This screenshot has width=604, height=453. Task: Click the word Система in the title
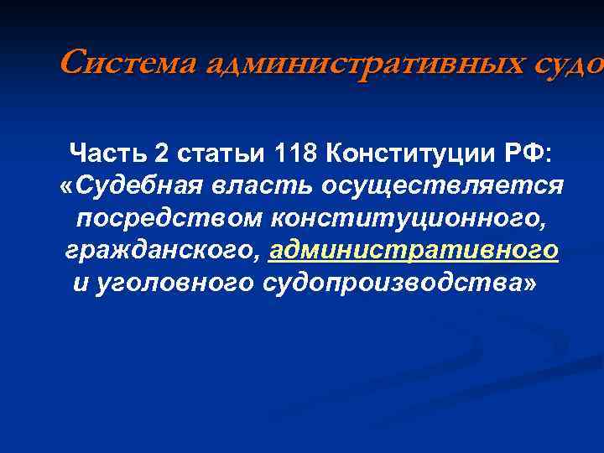(118, 62)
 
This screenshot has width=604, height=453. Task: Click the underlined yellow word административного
(415, 250)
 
